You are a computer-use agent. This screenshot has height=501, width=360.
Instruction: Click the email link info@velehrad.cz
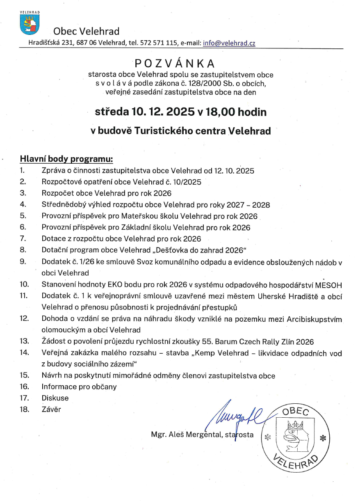[229, 43]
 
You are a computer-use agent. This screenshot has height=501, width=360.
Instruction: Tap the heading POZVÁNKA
[175, 64]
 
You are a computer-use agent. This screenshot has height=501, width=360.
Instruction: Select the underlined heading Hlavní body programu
[66, 158]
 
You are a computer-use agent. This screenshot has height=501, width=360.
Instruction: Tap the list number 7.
[23, 238]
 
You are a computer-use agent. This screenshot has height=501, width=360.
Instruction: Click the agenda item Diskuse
[55, 398]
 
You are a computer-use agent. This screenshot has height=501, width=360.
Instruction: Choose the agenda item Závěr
[51, 409]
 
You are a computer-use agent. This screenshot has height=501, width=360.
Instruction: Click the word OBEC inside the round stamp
[295, 411]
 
